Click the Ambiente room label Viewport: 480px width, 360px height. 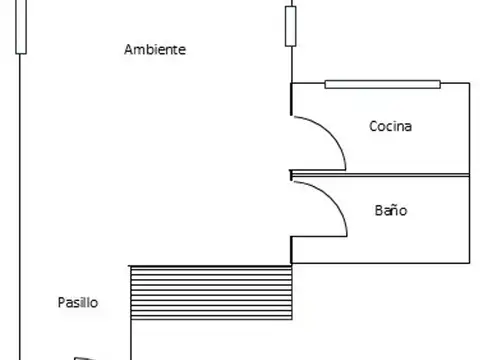coord(155,50)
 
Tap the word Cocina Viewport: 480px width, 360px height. coord(390,126)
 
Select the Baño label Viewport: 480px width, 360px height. coord(391,211)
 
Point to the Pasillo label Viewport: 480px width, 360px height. coord(78,303)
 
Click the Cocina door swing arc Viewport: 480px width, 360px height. coord(332,133)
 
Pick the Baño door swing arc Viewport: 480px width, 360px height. coord(332,199)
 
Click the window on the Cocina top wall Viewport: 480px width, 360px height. coord(383,84)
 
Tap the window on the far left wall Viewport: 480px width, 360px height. coord(21,27)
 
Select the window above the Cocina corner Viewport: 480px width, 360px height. coord(291,26)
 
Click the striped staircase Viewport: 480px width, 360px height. coord(211,293)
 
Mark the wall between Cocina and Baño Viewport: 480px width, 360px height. coord(380,175)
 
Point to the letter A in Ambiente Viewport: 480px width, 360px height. coord(129,50)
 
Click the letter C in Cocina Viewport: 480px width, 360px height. coord(374,126)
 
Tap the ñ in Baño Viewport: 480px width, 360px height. coord(394,211)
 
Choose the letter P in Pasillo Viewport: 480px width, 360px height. coord(61,302)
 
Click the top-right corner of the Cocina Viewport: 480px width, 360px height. coord(470,83)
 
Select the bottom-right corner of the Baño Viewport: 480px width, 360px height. coord(470,263)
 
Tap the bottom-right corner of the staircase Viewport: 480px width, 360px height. coord(292,319)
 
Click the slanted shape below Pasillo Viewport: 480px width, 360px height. coord(85,359)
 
